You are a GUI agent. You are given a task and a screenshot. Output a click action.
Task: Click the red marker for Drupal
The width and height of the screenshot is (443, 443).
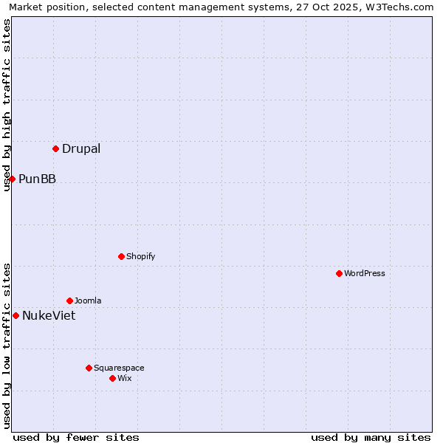coord(55,149)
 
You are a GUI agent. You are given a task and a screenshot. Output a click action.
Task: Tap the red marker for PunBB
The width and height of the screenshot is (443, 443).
coord(12,179)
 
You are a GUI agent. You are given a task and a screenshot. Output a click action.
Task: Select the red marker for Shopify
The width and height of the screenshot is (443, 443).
coord(121,256)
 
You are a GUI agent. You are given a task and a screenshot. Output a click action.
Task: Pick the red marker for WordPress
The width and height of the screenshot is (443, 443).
coord(339,273)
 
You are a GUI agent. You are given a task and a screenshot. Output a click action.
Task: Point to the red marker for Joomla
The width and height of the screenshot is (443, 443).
coord(69,301)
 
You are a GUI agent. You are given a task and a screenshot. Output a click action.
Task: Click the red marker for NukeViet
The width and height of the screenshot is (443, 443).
coord(16,315)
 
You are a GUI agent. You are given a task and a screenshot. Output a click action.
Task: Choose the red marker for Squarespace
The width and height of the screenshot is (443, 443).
coord(89,368)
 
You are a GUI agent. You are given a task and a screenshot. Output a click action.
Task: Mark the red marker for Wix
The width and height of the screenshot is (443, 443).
coord(112,378)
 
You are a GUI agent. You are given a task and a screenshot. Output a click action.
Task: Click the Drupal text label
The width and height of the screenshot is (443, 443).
coord(81,149)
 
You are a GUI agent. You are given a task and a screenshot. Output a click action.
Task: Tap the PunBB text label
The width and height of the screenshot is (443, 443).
coord(37,179)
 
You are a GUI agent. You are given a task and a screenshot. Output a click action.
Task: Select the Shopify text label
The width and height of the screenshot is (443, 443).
coord(140,256)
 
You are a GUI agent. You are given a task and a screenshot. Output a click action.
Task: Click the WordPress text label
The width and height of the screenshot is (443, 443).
coord(365,273)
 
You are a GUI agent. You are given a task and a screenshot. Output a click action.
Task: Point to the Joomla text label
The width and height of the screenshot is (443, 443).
coord(88,301)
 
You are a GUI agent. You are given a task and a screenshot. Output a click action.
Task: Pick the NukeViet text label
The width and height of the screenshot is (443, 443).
coord(49,316)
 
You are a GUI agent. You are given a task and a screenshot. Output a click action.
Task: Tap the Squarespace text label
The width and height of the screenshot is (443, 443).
coord(119,368)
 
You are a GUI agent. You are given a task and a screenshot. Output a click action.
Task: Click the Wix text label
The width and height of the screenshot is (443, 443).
coord(125,378)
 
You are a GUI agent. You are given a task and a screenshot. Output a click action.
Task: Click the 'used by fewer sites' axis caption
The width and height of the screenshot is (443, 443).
coord(76,437)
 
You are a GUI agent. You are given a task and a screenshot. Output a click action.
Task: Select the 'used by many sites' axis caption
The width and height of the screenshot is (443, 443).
coord(371,437)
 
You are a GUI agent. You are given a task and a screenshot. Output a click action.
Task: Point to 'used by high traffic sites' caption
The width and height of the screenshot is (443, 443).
coord(7,105)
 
